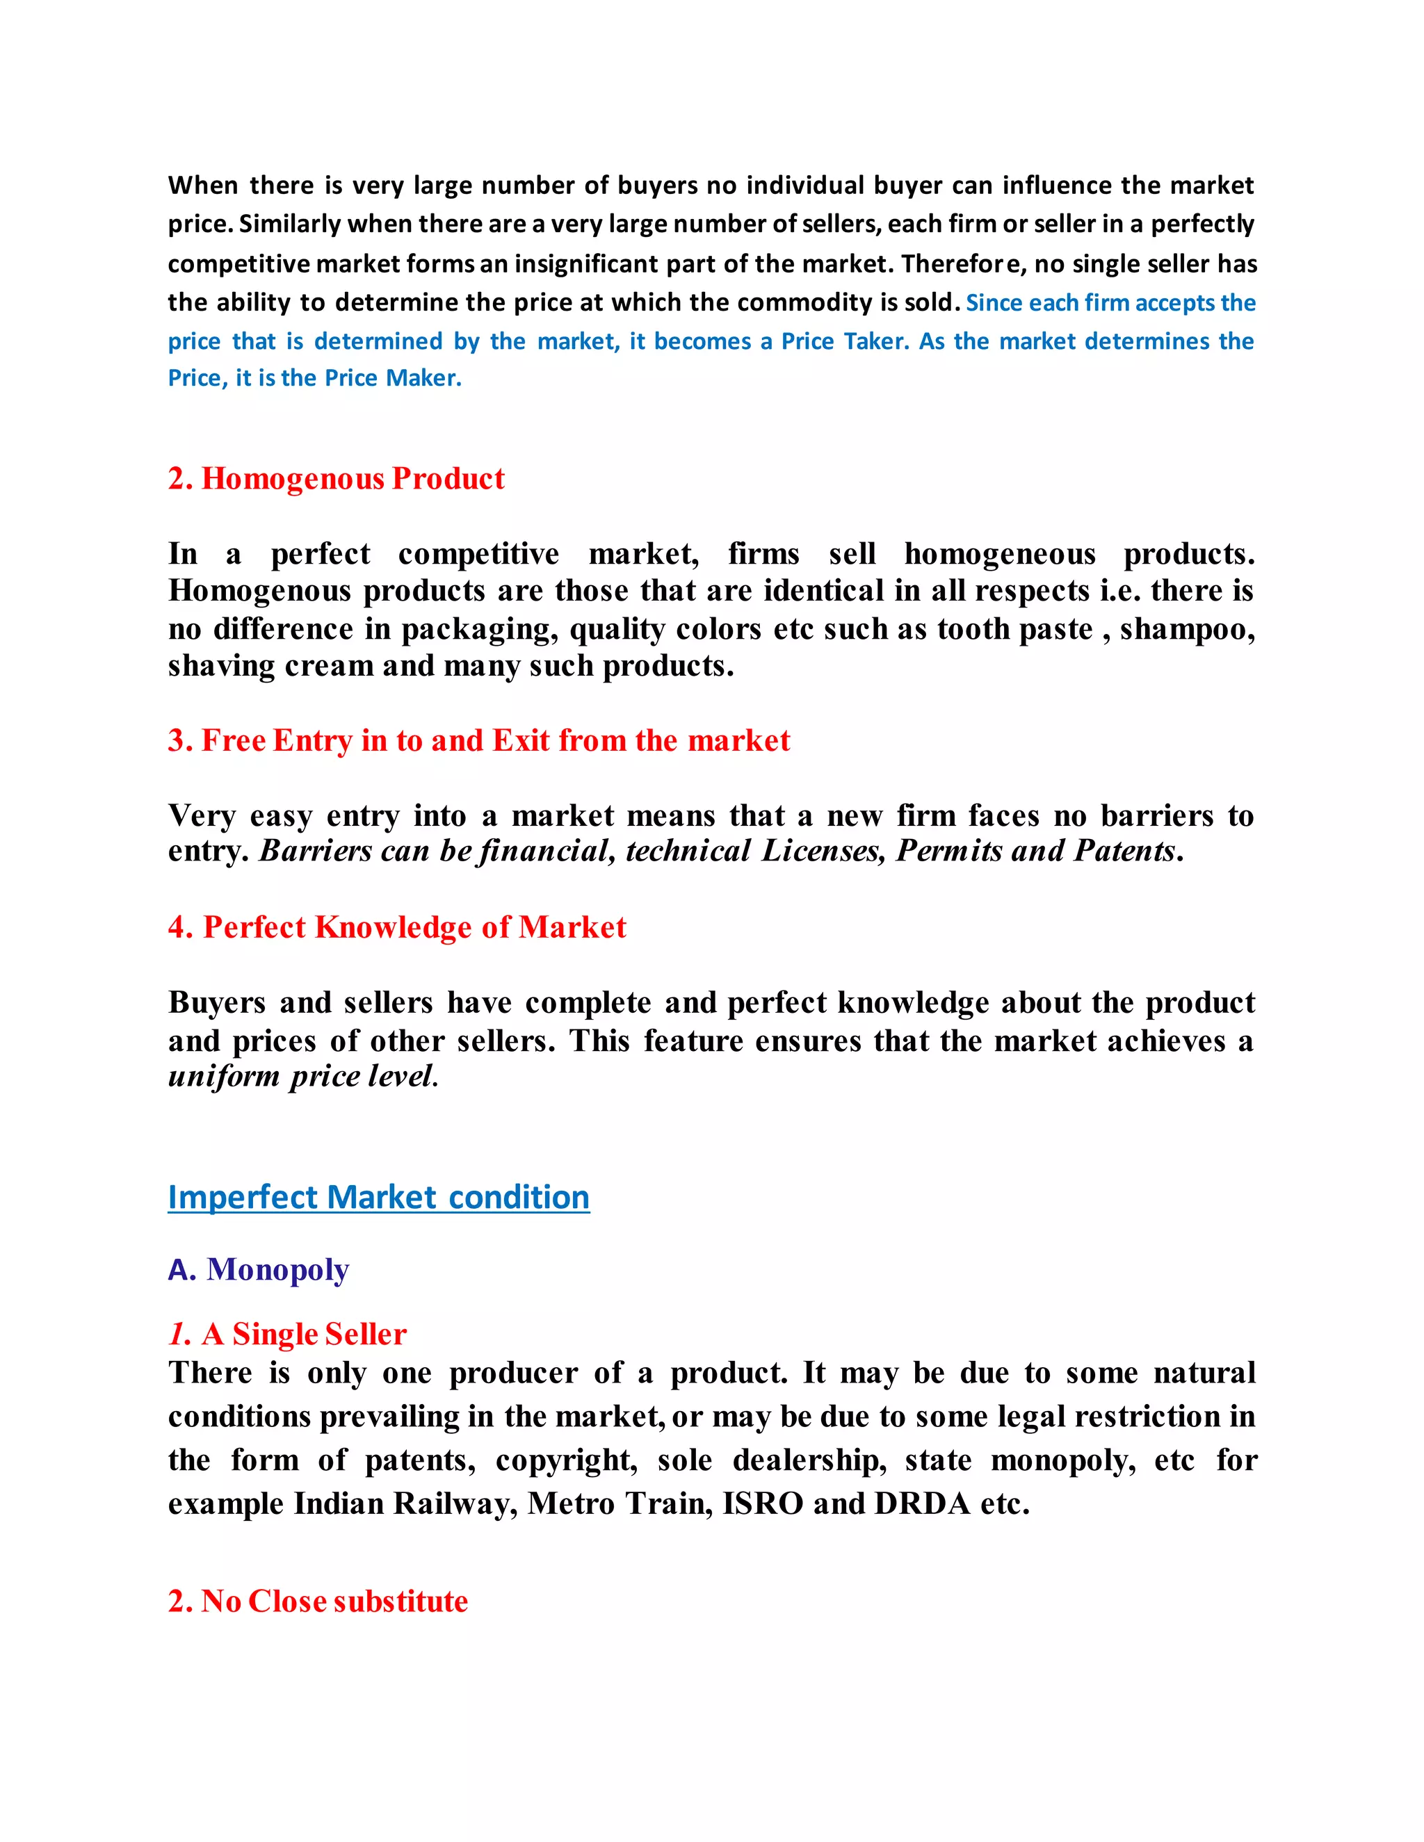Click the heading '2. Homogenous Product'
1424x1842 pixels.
[336, 478]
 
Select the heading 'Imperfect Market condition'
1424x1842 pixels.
[378, 1197]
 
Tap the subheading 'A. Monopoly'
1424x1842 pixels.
[258, 1269]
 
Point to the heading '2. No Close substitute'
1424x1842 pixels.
[317, 1601]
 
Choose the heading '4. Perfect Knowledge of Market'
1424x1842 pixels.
[396, 927]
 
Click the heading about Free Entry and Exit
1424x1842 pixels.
[478, 740]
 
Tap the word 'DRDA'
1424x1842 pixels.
[922, 1503]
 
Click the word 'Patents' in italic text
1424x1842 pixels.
[1124, 850]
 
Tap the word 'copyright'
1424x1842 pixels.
[566, 1460]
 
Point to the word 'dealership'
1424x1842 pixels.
[809, 1460]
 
